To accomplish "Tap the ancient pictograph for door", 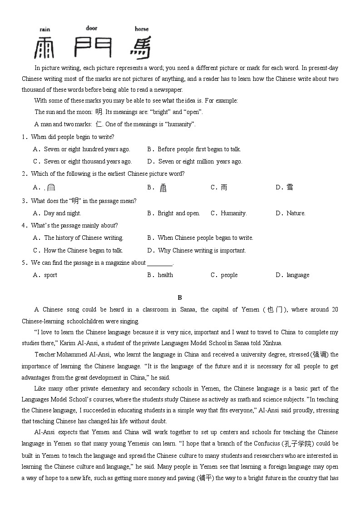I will coord(93,46).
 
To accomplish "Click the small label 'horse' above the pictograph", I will coord(142,29).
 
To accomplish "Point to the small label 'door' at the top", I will coord(92,28).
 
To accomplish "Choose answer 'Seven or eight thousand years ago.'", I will coord(88,161).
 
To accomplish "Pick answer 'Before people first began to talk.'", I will coord(199,149).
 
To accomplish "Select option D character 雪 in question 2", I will coord(290,187).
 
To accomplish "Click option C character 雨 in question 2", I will coord(224,187).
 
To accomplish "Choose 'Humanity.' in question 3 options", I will coord(233,213).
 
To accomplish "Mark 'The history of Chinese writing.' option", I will coord(84,238).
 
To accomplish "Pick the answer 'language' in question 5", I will coord(298,275).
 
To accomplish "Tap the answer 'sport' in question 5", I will coord(50,275).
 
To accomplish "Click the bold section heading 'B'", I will coord(180,297).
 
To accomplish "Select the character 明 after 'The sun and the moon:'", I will coord(99,112).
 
